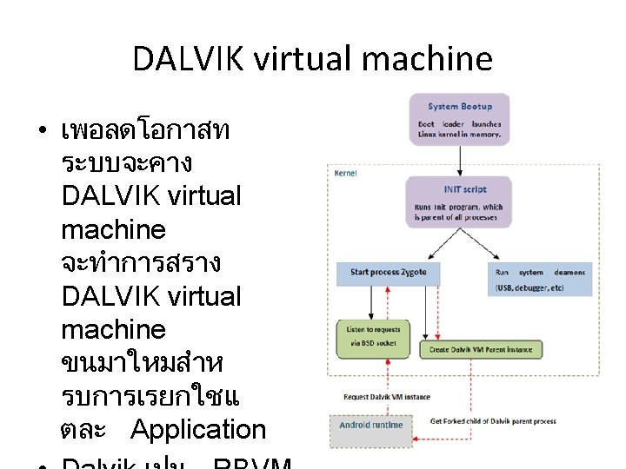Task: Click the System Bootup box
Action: coord(459,116)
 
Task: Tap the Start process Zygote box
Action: coord(388,273)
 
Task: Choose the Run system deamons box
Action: coord(540,278)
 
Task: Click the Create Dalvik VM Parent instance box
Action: coord(481,350)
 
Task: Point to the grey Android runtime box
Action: coord(370,426)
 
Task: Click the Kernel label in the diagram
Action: coord(345,173)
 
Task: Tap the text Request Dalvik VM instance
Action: coord(387,397)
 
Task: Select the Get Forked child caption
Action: coord(493,421)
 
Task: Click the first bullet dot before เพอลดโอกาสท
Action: coord(42,132)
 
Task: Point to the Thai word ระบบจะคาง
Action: coord(127,162)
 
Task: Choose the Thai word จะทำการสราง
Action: coord(141,262)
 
